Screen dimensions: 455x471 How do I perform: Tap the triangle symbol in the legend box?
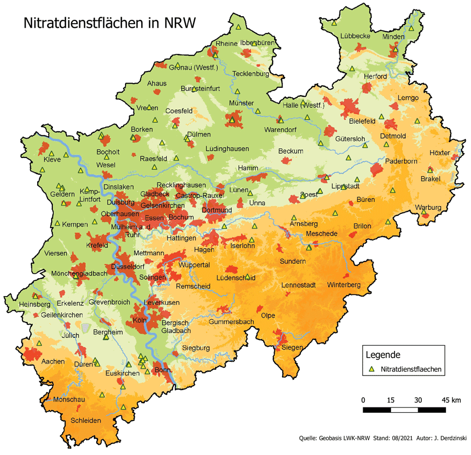coord(372,369)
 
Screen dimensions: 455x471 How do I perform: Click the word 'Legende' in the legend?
coord(384,354)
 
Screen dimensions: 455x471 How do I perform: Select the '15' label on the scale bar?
coord(390,400)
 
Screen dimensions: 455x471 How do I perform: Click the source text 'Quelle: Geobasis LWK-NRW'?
coord(335,438)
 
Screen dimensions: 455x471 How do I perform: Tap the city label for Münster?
coord(241,103)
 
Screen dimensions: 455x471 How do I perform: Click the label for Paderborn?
coord(401,161)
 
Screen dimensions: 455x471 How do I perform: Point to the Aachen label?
coord(53,361)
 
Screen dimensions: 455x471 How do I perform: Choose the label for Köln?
coord(139,320)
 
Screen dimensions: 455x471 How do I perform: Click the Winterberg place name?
coord(344,285)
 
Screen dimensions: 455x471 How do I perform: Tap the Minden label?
coord(394,37)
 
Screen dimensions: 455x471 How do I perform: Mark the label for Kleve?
coord(52,160)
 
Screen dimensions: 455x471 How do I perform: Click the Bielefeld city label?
coord(363,121)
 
